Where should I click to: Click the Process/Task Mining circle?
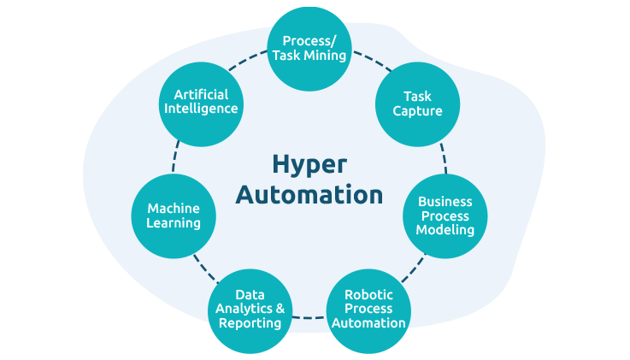pyautogui.click(x=309, y=48)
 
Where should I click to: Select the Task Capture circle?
pyautogui.click(x=418, y=103)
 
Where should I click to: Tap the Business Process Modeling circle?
pyautogui.click(x=445, y=215)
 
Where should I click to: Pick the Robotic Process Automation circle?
pyautogui.click(x=368, y=310)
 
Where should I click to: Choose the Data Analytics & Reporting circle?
pyautogui.click(x=250, y=310)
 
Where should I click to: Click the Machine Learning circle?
pyautogui.click(x=174, y=215)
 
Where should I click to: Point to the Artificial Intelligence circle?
pyautogui.click(x=201, y=102)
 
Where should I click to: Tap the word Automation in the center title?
pyautogui.click(x=309, y=194)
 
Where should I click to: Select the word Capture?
pyautogui.click(x=418, y=111)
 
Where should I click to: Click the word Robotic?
pyautogui.click(x=368, y=295)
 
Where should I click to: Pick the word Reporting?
pyautogui.click(x=250, y=323)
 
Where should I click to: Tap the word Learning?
pyautogui.click(x=174, y=223)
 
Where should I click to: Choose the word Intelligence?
pyautogui.click(x=201, y=109)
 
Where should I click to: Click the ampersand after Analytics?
pyautogui.click(x=280, y=309)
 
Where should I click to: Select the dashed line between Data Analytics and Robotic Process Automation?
pyautogui.click(x=309, y=318)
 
